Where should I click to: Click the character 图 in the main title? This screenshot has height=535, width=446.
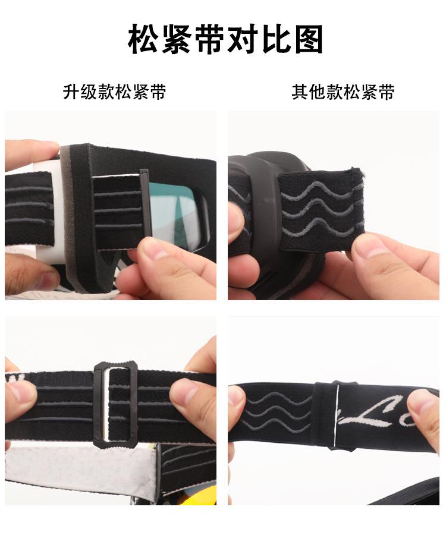[x=307, y=40]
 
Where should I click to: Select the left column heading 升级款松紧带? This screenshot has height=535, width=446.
[x=114, y=92]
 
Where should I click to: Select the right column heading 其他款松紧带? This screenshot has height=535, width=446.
[x=343, y=92]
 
